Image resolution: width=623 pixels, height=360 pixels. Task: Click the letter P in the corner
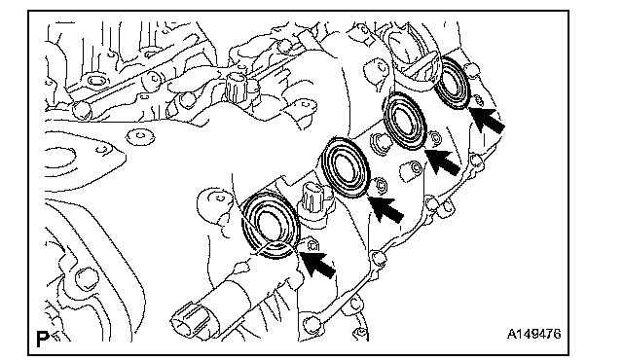[42, 339]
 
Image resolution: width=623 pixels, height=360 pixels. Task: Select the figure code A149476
[534, 334]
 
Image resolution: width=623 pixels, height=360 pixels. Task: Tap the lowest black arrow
[317, 264]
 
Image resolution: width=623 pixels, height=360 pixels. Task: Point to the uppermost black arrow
[487, 120]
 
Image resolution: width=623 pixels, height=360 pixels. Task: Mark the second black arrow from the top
[442, 162]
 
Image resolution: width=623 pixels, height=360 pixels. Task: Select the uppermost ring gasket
[452, 82]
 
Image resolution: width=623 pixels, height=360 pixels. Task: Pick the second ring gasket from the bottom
[347, 167]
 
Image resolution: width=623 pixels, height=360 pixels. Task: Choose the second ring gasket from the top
[406, 121]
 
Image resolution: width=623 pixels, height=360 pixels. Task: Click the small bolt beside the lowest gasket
[312, 245]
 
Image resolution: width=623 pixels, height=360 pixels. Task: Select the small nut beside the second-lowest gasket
[381, 185]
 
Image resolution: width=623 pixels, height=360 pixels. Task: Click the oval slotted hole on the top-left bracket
[95, 81]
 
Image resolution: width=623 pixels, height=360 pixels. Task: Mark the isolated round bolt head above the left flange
[140, 136]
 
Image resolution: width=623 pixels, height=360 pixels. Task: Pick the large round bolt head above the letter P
[85, 278]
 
